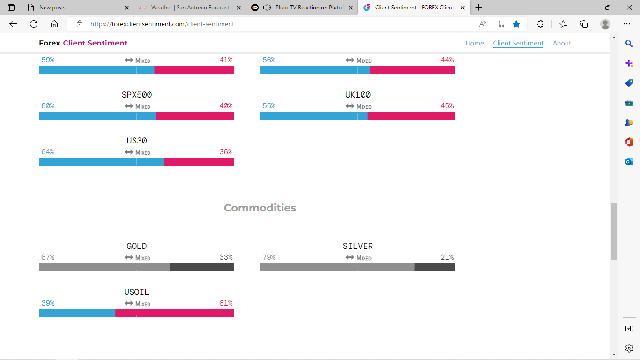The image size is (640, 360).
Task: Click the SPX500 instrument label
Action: (x=137, y=95)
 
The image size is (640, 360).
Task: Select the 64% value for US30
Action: (x=48, y=152)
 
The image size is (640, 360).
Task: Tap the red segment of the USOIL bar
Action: (x=174, y=313)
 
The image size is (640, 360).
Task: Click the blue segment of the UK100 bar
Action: (x=314, y=116)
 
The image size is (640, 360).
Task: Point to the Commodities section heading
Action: (x=260, y=208)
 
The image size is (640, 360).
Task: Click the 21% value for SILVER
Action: (x=447, y=257)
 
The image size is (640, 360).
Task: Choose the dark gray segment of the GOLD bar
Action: (x=202, y=267)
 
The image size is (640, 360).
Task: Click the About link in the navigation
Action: (x=562, y=43)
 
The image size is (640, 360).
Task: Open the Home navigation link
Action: (x=475, y=43)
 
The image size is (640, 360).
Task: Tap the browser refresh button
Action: (x=34, y=24)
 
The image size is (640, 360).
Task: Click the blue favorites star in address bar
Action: (x=516, y=24)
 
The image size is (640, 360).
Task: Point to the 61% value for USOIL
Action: (x=226, y=303)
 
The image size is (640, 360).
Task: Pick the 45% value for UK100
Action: (x=447, y=106)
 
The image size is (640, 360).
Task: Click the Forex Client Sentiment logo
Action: (x=83, y=43)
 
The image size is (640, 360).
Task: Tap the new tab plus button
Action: (x=479, y=7)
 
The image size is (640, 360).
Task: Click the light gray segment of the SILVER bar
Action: (x=337, y=267)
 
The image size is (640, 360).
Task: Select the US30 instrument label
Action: (x=137, y=141)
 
